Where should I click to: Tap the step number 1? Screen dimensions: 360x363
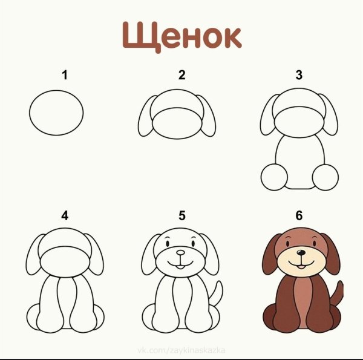64,76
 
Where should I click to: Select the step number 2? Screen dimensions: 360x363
181,76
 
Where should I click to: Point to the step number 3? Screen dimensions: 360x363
298,76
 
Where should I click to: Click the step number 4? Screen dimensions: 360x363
64,215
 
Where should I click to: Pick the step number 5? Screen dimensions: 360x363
181,215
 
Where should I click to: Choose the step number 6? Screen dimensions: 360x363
298,215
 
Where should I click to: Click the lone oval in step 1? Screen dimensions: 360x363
56,114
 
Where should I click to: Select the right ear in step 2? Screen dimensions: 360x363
206,118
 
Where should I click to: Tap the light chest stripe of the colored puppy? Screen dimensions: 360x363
299,303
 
